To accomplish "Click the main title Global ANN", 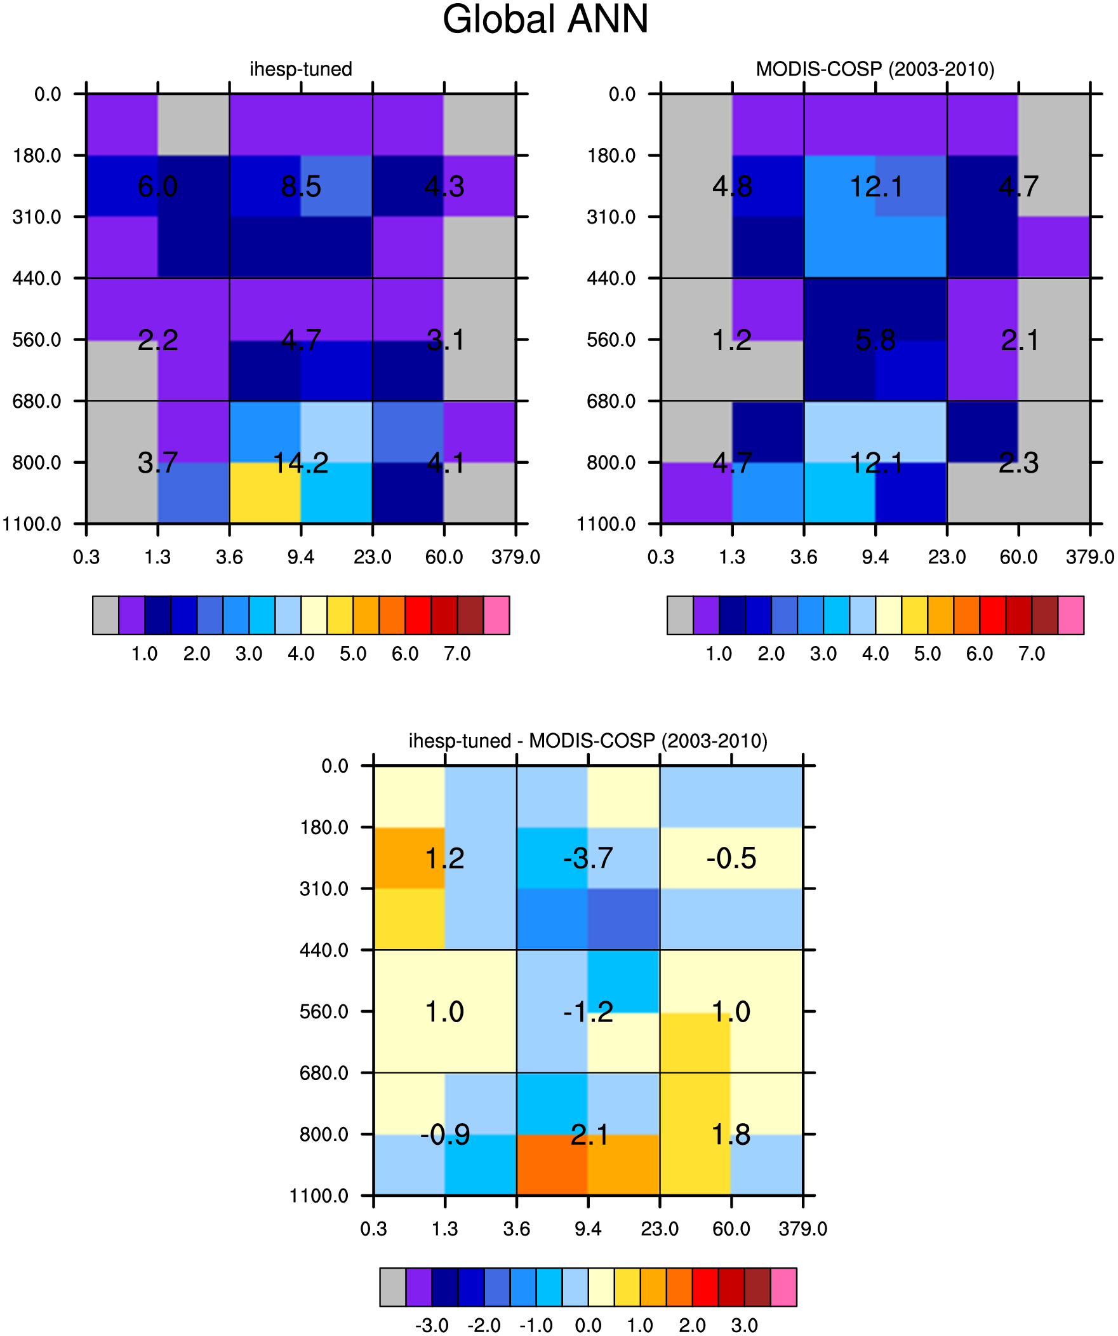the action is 545,19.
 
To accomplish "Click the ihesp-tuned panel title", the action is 301,69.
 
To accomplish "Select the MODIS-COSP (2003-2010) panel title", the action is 875,69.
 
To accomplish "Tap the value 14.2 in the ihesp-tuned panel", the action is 301,463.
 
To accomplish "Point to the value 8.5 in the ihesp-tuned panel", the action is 301,186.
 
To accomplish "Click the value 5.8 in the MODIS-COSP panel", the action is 875,341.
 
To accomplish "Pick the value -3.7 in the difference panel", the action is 589,858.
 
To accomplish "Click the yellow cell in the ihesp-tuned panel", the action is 265,493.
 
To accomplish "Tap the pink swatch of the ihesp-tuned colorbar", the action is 496,615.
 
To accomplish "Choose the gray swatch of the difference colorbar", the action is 393,1287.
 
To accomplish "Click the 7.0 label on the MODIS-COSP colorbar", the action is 1032,654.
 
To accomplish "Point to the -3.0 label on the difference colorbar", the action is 432,1326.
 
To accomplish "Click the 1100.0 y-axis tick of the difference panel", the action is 319,1196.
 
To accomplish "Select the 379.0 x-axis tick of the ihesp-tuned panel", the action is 516,557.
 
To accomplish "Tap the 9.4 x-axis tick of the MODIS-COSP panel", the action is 875,557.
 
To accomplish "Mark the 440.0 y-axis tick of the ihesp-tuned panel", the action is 37,278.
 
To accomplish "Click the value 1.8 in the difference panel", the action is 731,1135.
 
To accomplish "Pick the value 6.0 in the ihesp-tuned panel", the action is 157,186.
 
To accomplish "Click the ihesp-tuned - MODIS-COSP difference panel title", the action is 589,741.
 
